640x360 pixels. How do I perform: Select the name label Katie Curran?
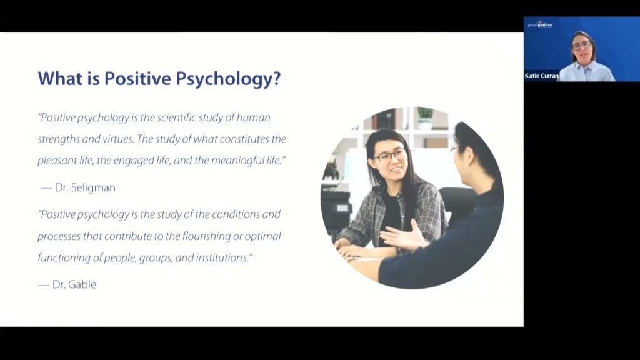[541, 76]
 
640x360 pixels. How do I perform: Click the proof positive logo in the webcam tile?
[541, 25]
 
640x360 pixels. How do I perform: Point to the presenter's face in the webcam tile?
[581, 46]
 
